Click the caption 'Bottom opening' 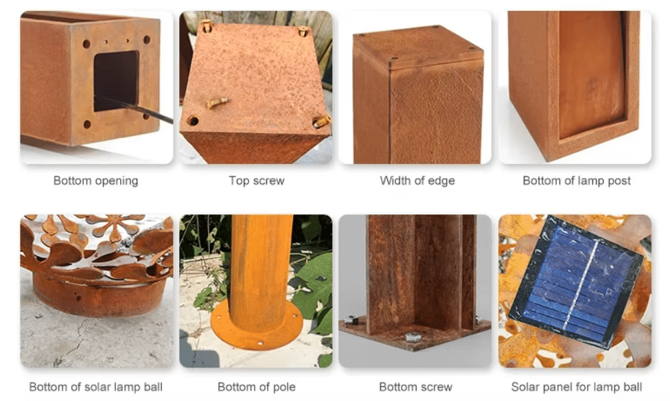95,181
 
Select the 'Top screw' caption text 256,181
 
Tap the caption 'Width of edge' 417,181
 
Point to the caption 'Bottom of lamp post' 577,181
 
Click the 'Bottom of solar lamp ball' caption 95,387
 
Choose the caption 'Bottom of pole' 256,387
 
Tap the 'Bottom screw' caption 415,387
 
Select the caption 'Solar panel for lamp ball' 577,387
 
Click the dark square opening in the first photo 116,81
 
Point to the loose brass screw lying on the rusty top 217,102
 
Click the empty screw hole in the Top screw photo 193,121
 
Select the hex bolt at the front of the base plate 413,337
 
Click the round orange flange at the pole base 257,325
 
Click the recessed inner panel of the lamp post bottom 592,73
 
